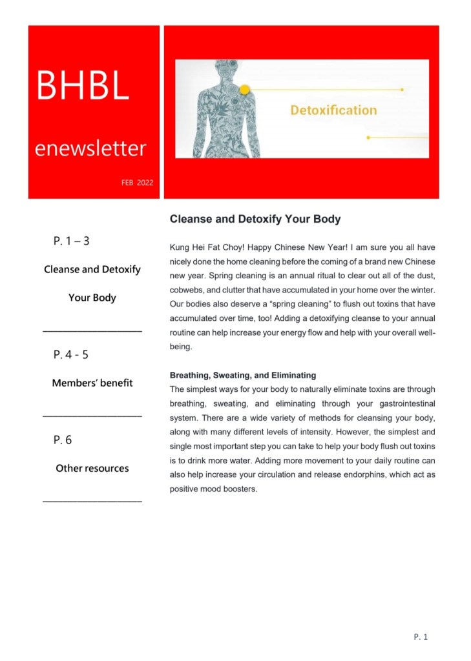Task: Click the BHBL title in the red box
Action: (83, 86)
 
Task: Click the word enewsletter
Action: (90, 149)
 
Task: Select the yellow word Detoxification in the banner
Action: (333, 110)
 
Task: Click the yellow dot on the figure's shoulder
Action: (245, 90)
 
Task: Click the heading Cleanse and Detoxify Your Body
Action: (255, 219)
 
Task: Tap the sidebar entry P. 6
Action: (63, 440)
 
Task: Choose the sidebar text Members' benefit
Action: (92, 383)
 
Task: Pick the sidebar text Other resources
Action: (92, 468)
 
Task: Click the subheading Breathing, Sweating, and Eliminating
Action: (242, 374)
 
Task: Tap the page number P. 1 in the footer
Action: (421, 637)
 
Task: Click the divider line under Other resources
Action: (92, 502)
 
